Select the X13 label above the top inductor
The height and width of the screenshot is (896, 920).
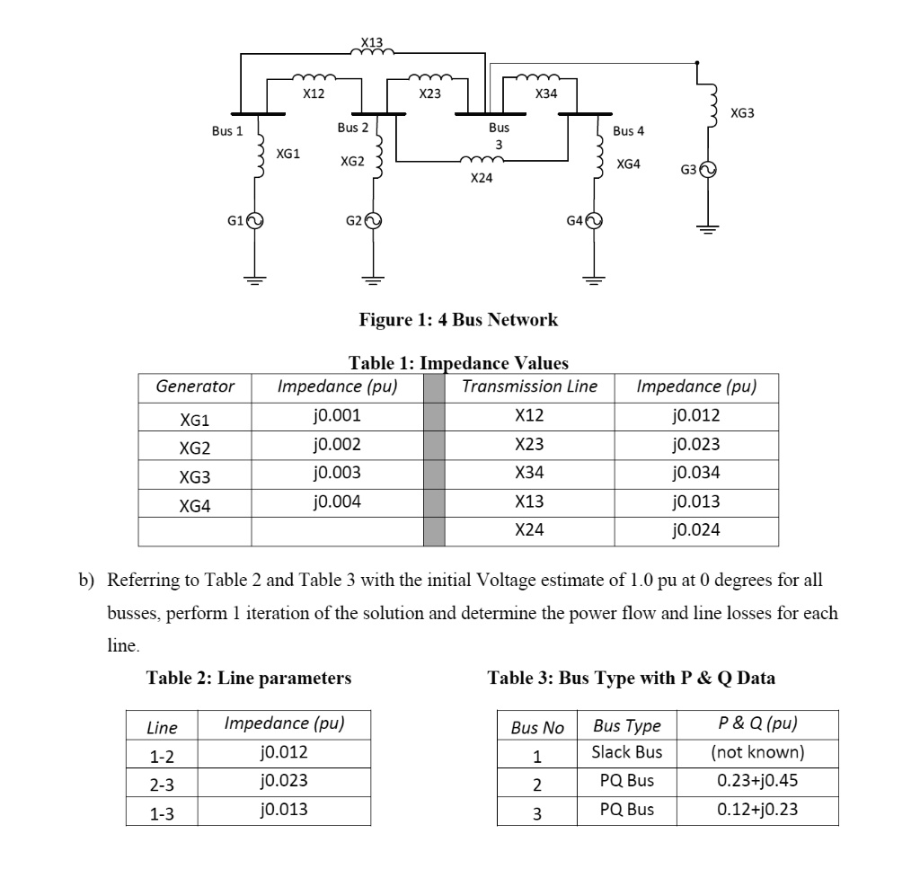[371, 42]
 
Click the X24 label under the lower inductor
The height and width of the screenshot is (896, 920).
[482, 179]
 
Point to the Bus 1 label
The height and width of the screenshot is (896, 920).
[226, 131]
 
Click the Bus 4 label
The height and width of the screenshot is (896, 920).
[628, 131]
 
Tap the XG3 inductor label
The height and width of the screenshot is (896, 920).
[743, 113]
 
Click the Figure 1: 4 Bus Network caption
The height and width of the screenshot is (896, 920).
[458, 319]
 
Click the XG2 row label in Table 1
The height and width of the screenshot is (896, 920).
[195, 445]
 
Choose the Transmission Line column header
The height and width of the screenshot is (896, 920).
[529, 387]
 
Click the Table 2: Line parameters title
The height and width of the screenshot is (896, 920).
[249, 678]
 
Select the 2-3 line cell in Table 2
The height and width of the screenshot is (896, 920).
[162, 783]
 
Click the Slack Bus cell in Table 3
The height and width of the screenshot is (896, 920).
[626, 752]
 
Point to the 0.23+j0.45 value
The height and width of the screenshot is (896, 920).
[757, 780]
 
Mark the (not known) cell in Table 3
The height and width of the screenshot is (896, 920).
[757, 752]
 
